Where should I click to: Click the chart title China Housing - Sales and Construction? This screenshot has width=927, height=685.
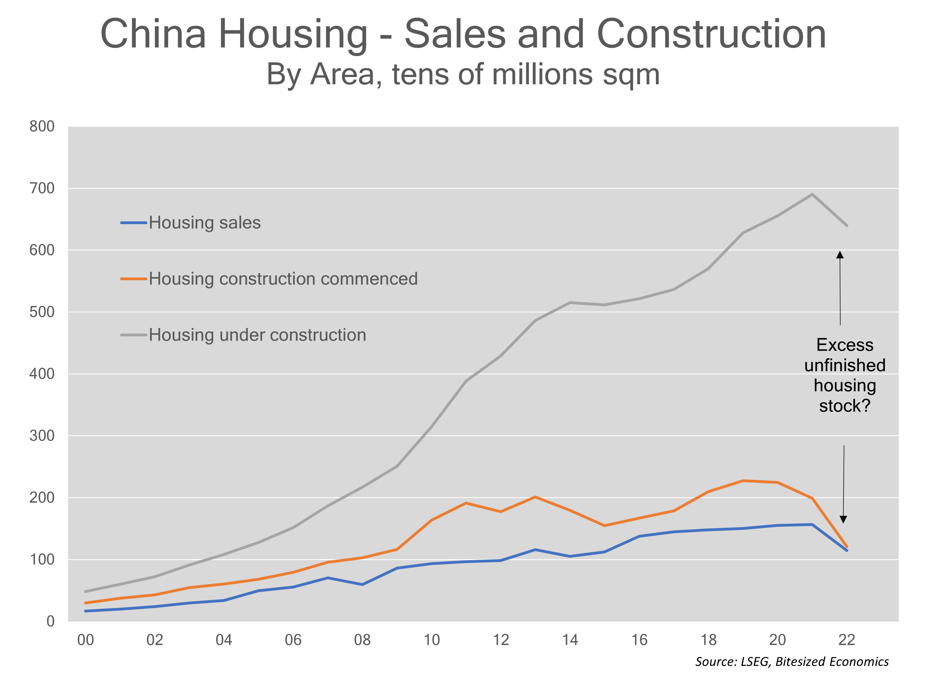pyautogui.click(x=463, y=34)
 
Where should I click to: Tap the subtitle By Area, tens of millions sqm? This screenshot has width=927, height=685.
pyautogui.click(x=463, y=75)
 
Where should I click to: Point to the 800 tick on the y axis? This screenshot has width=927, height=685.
pyautogui.click(x=42, y=126)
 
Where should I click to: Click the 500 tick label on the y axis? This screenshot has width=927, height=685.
pyautogui.click(x=42, y=312)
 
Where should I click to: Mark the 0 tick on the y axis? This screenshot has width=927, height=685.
pyautogui.click(x=50, y=621)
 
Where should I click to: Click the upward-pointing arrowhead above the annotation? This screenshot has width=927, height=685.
pyautogui.click(x=840, y=255)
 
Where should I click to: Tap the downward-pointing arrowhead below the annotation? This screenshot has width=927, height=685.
pyautogui.click(x=843, y=519)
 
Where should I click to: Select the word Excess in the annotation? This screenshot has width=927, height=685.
pyautogui.click(x=845, y=345)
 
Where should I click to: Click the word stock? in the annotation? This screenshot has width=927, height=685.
pyautogui.click(x=845, y=406)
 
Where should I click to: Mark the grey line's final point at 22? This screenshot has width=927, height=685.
pyautogui.click(x=847, y=226)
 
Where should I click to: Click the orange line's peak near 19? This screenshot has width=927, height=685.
pyautogui.click(x=743, y=481)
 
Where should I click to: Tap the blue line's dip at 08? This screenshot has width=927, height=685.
pyautogui.click(x=362, y=585)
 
